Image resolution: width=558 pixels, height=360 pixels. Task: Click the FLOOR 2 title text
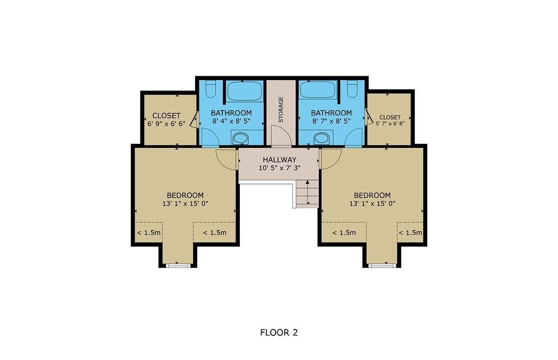click(x=279, y=332)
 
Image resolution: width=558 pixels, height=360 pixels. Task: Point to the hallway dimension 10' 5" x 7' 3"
click(x=278, y=168)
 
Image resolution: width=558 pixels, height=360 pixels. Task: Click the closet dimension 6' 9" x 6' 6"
click(x=166, y=124)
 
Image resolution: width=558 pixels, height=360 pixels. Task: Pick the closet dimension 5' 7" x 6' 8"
click(x=390, y=124)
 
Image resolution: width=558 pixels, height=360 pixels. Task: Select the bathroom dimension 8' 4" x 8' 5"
click(x=232, y=121)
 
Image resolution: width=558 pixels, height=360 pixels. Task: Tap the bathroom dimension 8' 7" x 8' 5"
click(x=331, y=121)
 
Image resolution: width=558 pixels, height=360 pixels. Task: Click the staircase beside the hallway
click(x=307, y=193)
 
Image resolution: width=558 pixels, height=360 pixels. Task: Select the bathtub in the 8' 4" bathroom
click(x=245, y=90)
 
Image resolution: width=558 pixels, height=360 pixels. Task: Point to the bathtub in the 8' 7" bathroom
click(x=318, y=90)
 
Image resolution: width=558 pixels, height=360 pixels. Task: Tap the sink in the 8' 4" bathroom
click(x=240, y=138)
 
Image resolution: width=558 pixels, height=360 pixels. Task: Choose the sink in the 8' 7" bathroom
click(x=322, y=138)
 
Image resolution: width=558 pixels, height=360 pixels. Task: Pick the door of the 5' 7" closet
click(x=369, y=116)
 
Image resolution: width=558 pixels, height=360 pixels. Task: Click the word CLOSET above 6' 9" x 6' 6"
click(x=166, y=116)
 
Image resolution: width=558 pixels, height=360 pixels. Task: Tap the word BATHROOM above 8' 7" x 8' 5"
click(x=331, y=113)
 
